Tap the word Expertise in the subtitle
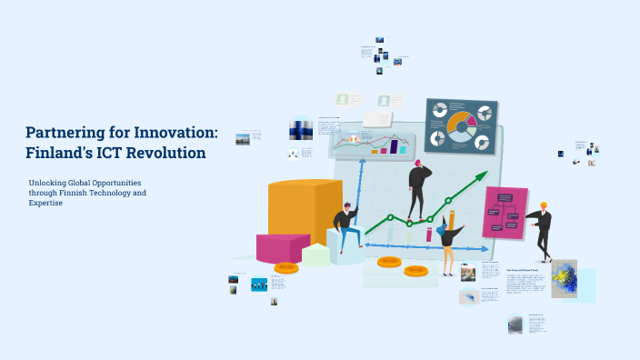tap(45, 203)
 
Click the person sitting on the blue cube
tap(345, 227)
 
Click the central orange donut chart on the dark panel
tap(462, 126)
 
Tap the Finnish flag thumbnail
tap(301, 130)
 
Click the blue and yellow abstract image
tap(564, 278)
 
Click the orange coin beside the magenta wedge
tap(286, 267)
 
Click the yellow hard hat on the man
tap(543, 205)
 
